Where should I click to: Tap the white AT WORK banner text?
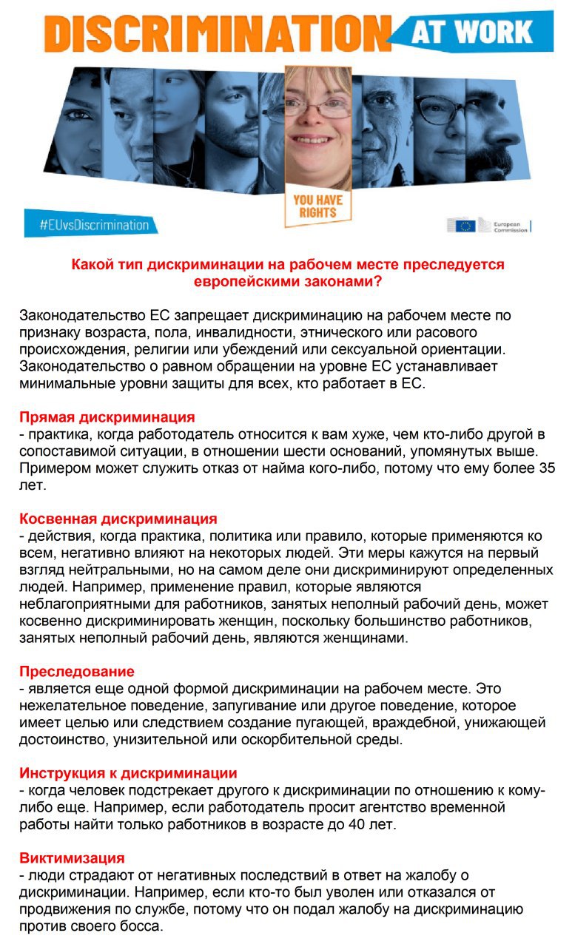click(481, 32)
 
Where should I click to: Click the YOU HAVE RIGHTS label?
click(317, 206)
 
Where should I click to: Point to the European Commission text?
click(511, 226)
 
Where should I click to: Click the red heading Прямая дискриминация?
click(107, 417)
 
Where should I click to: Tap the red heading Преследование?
click(77, 671)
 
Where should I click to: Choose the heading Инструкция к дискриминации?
click(128, 773)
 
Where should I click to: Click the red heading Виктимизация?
click(72, 858)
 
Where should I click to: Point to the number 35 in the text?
click(547, 468)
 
